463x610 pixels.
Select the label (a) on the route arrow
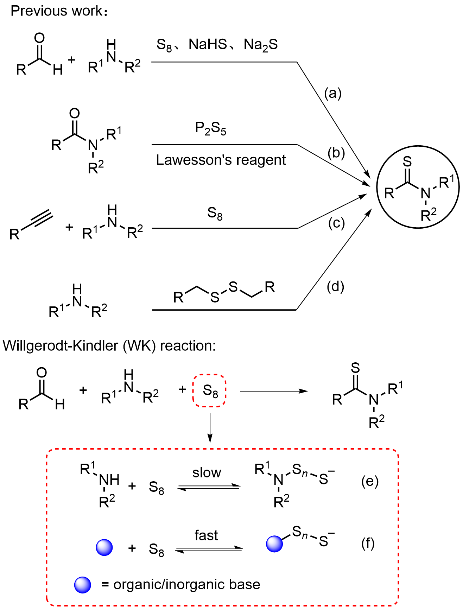332,93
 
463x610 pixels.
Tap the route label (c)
336,223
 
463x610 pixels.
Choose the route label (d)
335,287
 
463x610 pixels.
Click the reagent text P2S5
210,128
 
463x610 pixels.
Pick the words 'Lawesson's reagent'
221,160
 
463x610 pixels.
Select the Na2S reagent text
260,45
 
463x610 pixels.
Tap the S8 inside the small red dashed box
210,391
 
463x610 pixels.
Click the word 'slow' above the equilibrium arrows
207,473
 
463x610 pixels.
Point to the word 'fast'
206,535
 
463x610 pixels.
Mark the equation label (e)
370,481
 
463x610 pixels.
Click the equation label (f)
368,544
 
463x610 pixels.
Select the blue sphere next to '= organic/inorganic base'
83,585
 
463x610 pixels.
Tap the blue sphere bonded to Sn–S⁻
274,544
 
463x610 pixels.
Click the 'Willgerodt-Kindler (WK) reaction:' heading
109,346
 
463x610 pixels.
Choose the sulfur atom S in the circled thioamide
407,161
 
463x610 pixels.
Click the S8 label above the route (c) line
215,213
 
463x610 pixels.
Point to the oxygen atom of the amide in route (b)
75,113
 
